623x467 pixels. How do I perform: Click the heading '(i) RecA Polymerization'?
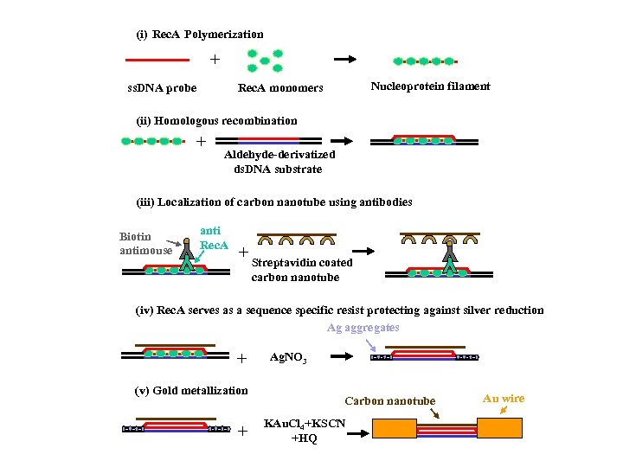(x=200, y=35)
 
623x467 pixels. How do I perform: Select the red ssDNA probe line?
(x=157, y=61)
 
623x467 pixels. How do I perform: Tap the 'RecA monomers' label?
(x=280, y=88)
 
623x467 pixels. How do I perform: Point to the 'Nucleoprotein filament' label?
(x=430, y=86)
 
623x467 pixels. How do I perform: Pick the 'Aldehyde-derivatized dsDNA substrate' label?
(x=279, y=162)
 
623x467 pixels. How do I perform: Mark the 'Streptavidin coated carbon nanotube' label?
(x=302, y=270)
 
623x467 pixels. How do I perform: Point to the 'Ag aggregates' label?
(x=363, y=328)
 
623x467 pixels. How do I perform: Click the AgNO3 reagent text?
(x=288, y=357)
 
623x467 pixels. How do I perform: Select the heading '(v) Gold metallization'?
(x=192, y=391)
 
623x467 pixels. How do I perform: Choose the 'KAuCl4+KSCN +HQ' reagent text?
(x=304, y=430)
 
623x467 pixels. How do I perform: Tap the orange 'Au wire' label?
(x=503, y=399)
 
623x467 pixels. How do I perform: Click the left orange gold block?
(x=394, y=429)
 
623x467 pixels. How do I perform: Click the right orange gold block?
(x=501, y=429)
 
